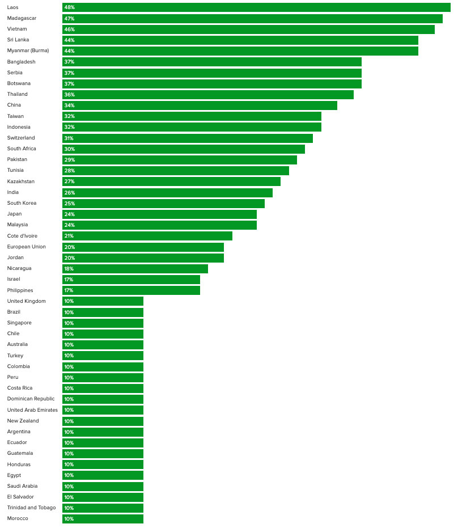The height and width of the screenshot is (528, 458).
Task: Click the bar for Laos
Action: (256, 7)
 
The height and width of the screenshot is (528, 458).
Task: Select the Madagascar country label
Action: (22, 18)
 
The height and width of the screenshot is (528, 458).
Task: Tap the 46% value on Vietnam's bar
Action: (69, 29)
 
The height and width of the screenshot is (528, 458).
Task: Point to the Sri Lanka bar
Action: (240, 40)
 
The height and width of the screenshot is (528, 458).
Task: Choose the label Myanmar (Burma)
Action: (28, 50)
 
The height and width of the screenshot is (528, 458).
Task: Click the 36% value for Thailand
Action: (69, 95)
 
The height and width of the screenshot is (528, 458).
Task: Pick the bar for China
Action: (200, 105)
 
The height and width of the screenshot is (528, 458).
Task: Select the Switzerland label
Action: (21, 138)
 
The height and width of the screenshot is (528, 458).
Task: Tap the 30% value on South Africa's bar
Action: (69, 149)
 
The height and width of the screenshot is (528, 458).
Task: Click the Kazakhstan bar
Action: (171, 181)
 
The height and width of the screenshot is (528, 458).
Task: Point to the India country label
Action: (13, 192)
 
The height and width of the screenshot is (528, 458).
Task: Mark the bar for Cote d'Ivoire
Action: (147, 236)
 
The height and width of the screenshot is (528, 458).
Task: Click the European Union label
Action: (27, 247)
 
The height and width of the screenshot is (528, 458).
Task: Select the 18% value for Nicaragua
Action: (69, 269)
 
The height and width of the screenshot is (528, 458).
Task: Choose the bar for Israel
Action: (131, 280)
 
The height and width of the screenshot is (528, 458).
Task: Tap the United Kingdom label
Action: (27, 301)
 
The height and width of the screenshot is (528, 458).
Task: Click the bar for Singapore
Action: (103, 323)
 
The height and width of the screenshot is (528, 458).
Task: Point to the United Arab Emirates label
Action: (32, 410)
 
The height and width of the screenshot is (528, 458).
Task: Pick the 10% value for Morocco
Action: (69, 519)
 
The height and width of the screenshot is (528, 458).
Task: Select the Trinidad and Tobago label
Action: (31, 508)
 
